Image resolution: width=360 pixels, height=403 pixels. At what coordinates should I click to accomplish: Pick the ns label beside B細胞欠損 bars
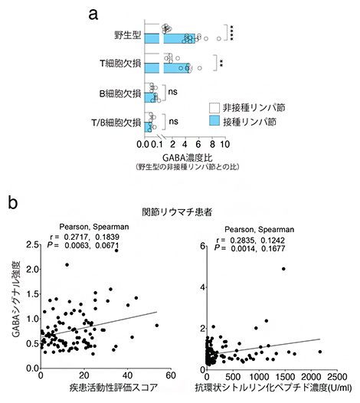pyautogui.click(x=172, y=93)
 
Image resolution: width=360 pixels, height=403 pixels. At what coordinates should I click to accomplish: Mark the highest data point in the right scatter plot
pyautogui.click(x=283, y=269)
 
